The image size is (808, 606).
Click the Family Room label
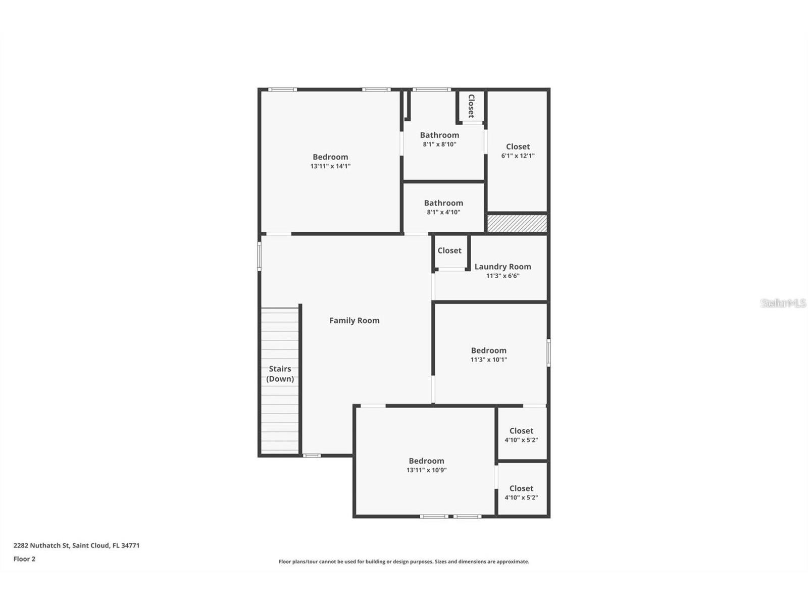(354, 320)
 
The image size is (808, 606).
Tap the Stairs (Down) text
(280, 374)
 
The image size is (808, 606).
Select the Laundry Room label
(502, 267)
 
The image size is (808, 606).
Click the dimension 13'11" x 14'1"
(330, 166)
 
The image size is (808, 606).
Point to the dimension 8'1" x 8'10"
(439, 144)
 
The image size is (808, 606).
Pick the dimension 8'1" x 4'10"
(443, 213)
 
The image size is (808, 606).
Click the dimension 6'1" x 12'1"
(518, 156)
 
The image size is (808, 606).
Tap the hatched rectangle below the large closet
(517, 223)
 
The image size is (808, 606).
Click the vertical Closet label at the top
(471, 106)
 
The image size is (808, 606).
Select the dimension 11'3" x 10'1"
(488, 360)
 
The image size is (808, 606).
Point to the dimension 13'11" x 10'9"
(426, 470)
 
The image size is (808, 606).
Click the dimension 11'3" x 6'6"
(502, 276)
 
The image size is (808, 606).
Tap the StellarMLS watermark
(783, 303)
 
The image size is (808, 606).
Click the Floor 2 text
(24, 559)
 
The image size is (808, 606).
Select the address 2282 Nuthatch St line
(76, 545)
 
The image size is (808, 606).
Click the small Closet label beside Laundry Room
(449, 250)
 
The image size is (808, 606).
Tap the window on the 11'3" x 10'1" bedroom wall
(548, 352)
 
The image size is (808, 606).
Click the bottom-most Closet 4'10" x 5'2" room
(521, 492)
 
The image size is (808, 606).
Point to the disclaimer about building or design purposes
(403, 562)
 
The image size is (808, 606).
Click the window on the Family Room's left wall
(260, 256)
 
